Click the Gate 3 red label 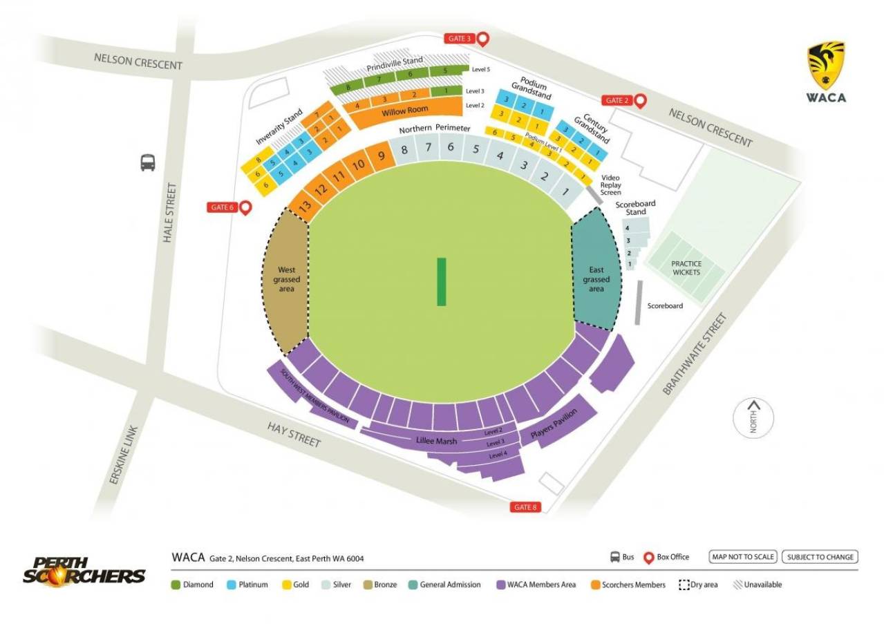[x=458, y=39]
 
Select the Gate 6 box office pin [x=244, y=207]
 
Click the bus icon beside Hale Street [x=148, y=163]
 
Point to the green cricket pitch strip [x=441, y=281]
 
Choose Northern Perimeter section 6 [x=451, y=147]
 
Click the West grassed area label [x=286, y=279]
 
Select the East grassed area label [x=596, y=279]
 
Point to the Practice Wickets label [x=686, y=268]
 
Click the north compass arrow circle [x=753, y=418]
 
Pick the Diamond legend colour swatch [x=176, y=585]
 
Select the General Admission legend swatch [x=413, y=585]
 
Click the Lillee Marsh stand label [x=437, y=441]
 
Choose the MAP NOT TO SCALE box [x=743, y=557]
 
